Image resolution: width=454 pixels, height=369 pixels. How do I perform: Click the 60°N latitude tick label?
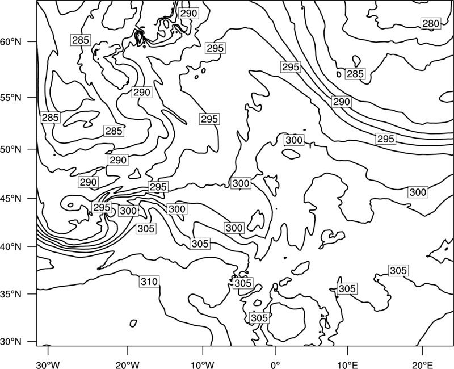click(x=11, y=42)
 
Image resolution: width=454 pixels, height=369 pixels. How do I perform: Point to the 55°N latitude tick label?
click(x=11, y=98)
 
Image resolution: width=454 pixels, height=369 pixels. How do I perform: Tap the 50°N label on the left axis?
click(x=11, y=149)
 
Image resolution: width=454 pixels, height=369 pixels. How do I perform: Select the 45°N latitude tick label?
click(x=11, y=198)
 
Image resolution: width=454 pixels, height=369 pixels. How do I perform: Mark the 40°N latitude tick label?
click(x=11, y=247)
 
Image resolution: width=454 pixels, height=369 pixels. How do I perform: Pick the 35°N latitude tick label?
click(x=11, y=294)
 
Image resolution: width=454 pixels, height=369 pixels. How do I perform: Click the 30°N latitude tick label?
click(x=11, y=342)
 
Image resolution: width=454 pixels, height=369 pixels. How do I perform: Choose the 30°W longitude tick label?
click(x=48, y=364)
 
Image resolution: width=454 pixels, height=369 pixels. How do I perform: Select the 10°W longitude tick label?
click(x=203, y=364)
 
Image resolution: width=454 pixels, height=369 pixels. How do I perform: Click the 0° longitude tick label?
click(x=275, y=364)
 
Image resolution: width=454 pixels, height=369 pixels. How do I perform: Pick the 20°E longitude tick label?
click(x=423, y=364)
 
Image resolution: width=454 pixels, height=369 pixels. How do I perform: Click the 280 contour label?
click(x=431, y=23)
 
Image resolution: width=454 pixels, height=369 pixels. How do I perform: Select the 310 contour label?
click(x=149, y=281)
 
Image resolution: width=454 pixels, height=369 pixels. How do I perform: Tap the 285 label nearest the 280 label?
click(x=355, y=74)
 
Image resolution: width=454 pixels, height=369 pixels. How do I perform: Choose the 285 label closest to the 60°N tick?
click(x=81, y=40)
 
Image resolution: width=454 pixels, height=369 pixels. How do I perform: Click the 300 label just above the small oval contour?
click(x=294, y=140)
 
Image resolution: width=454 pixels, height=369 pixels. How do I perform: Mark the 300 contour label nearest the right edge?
click(x=418, y=192)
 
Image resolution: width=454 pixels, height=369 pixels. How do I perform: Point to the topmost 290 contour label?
click(x=188, y=13)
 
